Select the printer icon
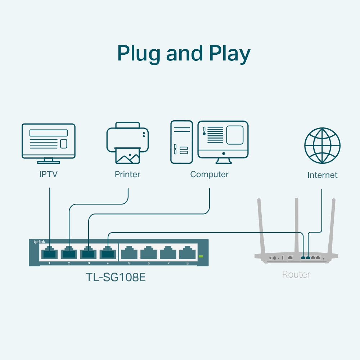point(127,143)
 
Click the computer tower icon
point(181,142)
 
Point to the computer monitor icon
point(223,140)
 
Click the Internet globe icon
point(322,146)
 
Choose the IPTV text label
point(49,175)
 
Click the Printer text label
point(127,175)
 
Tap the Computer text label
point(209,175)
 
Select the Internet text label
point(322,175)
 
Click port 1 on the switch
point(49,253)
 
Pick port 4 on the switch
point(108,253)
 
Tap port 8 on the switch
point(187,253)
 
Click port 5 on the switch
point(129,253)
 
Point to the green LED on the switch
point(201,256)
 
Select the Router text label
point(296,275)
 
